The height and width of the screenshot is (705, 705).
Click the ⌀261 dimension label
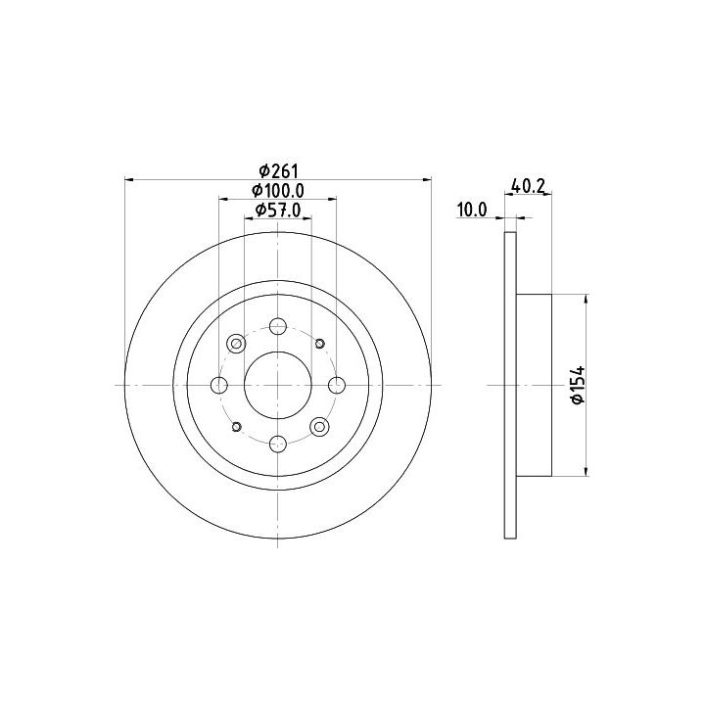(x=279, y=170)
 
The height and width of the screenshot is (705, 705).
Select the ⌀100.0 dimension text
(x=278, y=191)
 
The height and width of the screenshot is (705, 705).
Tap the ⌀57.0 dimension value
(x=278, y=210)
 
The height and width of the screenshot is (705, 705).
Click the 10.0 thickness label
(x=472, y=210)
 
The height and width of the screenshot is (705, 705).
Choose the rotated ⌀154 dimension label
(x=579, y=385)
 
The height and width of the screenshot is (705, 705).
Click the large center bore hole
(x=278, y=386)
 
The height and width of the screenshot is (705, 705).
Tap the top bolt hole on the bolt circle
(x=278, y=326)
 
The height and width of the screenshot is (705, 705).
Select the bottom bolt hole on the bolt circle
(x=278, y=445)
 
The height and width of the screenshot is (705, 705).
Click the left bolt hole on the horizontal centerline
(x=219, y=386)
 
